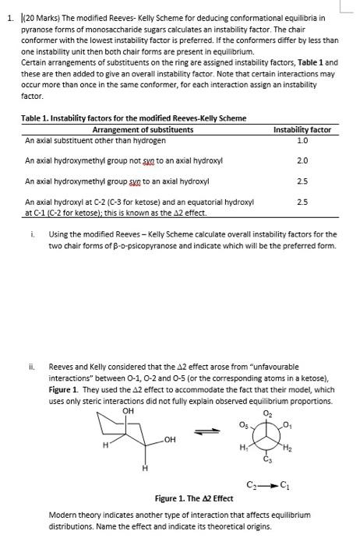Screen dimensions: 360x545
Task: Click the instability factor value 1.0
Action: click(303, 141)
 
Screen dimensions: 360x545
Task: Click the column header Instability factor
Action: click(303, 129)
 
